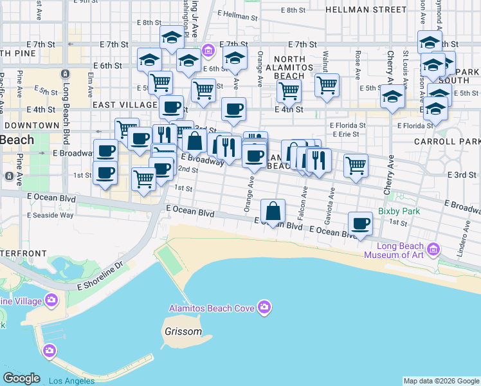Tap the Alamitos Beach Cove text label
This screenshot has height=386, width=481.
[x=212, y=308]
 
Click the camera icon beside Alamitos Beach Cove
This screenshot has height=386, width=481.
[x=264, y=308]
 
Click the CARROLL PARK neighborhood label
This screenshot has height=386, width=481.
[x=447, y=141]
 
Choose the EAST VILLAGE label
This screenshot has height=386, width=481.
[x=125, y=104]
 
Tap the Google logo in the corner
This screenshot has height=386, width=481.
[x=22, y=378]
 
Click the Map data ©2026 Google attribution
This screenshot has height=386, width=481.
[x=441, y=381]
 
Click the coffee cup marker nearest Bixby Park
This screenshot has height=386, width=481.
[x=361, y=224]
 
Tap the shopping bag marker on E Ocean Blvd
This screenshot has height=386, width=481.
[x=273, y=211]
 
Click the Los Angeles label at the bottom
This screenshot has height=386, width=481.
[x=71, y=381]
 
